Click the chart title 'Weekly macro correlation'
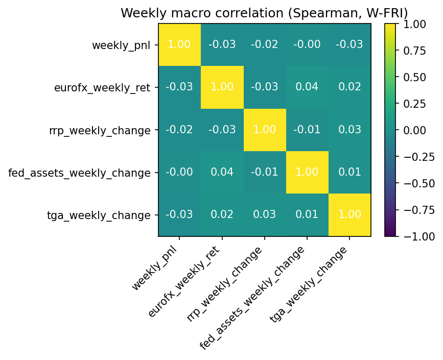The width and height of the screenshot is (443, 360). [x=264, y=13]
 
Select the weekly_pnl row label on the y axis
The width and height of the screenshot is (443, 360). [x=121, y=45]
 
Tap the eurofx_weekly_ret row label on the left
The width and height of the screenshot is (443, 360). [x=102, y=88]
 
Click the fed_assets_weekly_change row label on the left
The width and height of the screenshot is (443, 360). [x=80, y=173]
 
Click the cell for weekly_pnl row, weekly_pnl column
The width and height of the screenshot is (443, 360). [x=179, y=45]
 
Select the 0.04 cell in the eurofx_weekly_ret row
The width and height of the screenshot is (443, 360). [x=307, y=87]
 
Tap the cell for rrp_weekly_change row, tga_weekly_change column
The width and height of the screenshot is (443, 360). [x=349, y=130]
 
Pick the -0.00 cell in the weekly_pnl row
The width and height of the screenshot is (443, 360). [x=307, y=45]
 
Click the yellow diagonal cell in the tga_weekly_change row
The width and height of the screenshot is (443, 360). [x=349, y=214]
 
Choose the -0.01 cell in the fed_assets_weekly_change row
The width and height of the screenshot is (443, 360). [x=264, y=172]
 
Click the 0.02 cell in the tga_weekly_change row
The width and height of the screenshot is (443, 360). [x=222, y=214]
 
